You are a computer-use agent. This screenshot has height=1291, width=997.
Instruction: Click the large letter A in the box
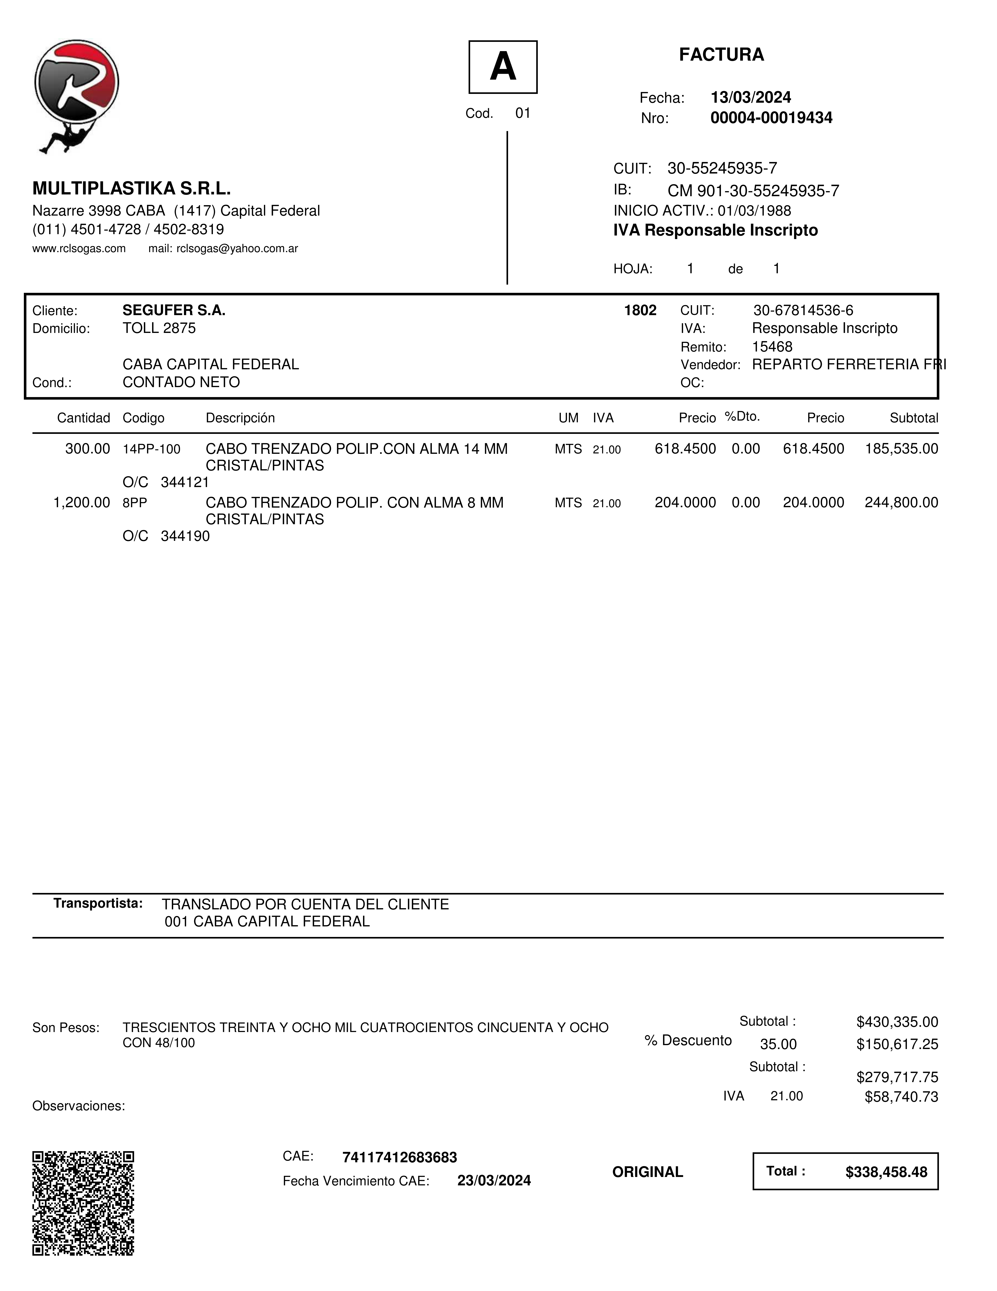coord(503,67)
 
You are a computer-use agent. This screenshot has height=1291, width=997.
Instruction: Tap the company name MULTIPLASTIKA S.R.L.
coord(131,189)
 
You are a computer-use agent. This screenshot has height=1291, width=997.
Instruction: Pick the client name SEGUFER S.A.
coord(174,310)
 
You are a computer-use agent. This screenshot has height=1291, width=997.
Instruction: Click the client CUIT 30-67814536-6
coord(803,310)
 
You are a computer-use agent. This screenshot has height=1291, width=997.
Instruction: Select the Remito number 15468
coord(772,347)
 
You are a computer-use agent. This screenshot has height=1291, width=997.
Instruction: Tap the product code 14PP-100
coord(151,449)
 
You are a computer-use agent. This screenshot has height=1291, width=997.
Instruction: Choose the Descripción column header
coord(240,418)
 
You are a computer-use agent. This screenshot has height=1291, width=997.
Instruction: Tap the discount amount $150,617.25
coord(897,1044)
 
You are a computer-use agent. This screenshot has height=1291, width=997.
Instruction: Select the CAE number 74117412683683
coord(399,1157)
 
